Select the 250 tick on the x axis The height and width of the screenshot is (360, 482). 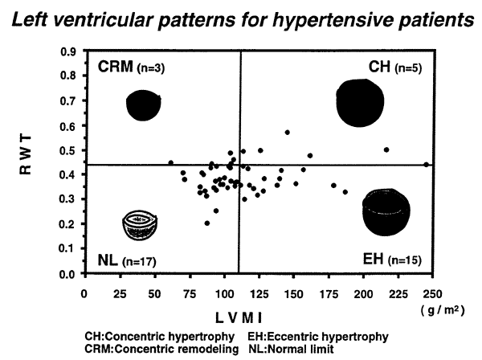tap(433, 286)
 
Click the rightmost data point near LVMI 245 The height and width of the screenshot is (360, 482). tap(426, 164)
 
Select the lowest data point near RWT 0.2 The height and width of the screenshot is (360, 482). tap(207, 223)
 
